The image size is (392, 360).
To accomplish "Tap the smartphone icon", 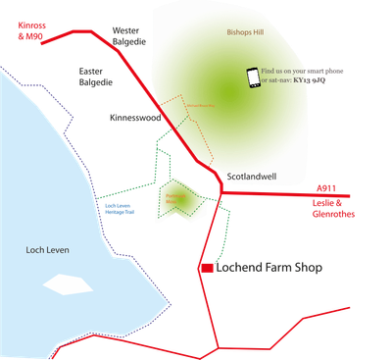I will pyautogui.click(x=252, y=77).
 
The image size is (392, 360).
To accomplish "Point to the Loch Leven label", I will pyautogui.click(x=46, y=251).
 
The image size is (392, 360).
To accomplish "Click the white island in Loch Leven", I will pyautogui.click(x=65, y=284).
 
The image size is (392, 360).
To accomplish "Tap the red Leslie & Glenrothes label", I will pyautogui.click(x=331, y=208).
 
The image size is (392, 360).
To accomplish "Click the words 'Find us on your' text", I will pyautogui.click(x=292, y=72).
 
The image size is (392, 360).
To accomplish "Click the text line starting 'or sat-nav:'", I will pyautogui.click(x=293, y=81).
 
